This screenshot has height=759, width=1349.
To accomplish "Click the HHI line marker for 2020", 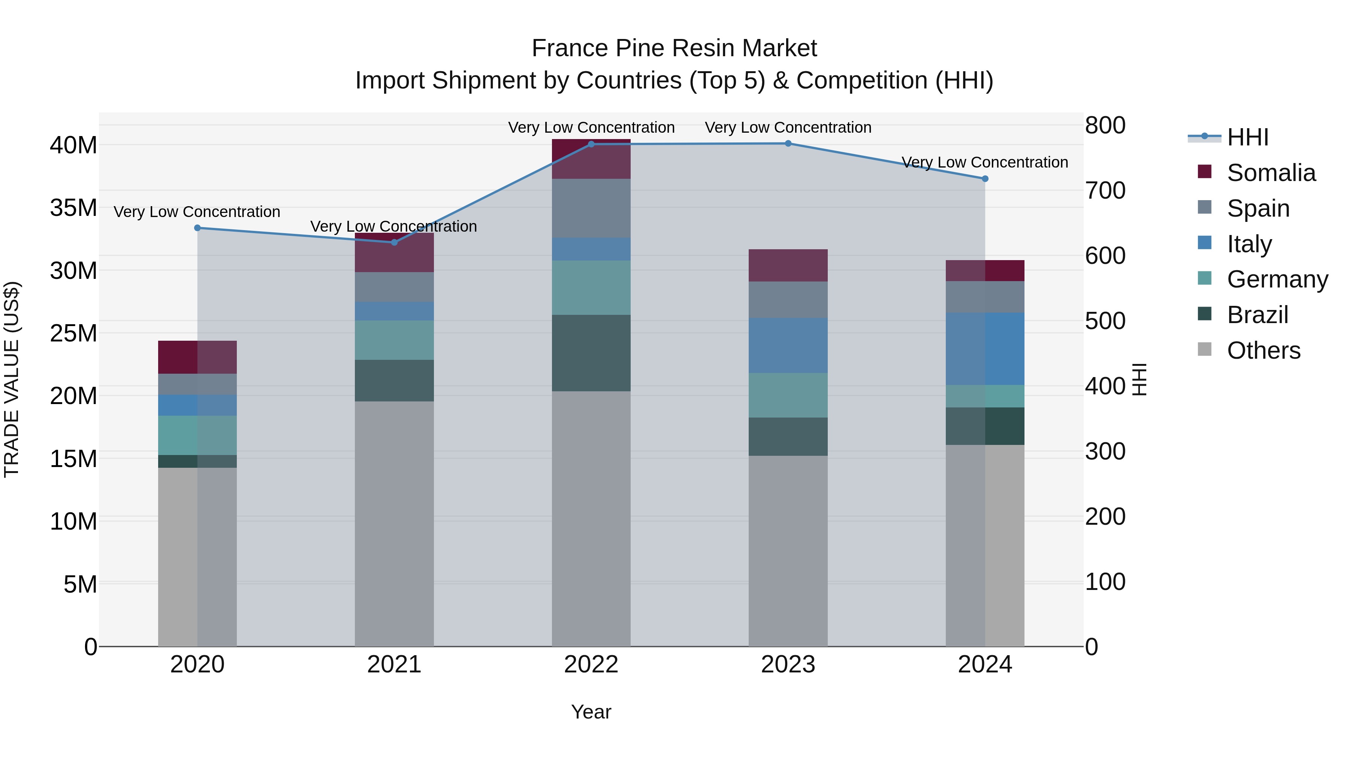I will tap(197, 228).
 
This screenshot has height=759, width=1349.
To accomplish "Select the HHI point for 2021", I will tap(394, 242).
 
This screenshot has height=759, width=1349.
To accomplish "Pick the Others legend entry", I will tap(1263, 350).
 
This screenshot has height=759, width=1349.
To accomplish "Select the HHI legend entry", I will tap(1247, 137).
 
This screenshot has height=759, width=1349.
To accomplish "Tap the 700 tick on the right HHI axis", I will tap(1105, 191).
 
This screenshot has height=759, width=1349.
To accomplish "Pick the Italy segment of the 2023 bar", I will tap(788, 345).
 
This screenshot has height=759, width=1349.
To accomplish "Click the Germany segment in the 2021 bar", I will tap(394, 340).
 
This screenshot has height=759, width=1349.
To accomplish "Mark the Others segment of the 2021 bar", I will tap(394, 524).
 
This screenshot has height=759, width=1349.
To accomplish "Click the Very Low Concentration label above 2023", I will tap(788, 127).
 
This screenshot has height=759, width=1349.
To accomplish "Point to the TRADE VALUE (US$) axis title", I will tap(12, 379).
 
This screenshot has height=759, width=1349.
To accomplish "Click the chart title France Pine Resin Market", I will tap(674, 48).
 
